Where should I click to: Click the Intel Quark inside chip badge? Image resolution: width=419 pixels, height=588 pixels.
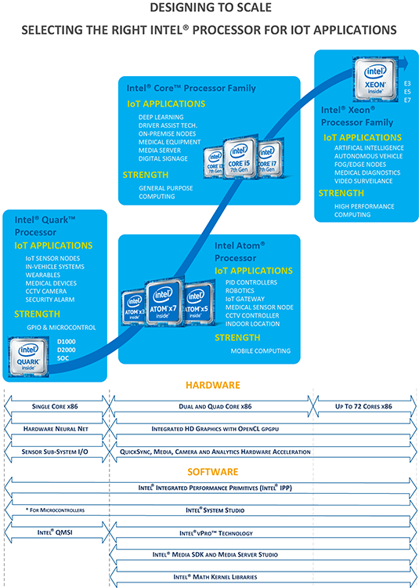click(28, 357)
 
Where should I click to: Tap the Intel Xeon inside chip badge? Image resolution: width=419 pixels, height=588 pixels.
click(376, 79)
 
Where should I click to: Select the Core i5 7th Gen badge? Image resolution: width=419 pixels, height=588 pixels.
click(240, 158)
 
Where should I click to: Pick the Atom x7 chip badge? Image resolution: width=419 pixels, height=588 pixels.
click(164, 302)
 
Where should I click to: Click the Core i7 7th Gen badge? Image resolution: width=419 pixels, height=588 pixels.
click(269, 158)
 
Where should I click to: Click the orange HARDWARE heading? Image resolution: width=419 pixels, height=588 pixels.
click(213, 385)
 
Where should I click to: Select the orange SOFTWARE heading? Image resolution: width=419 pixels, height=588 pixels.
click(213, 472)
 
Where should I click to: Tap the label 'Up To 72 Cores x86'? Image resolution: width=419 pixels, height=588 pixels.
click(363, 406)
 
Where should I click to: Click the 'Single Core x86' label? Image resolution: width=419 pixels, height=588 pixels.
click(55, 406)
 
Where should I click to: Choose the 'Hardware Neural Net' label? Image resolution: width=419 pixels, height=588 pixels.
click(56, 429)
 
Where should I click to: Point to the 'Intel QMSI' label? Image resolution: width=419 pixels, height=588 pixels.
click(55, 532)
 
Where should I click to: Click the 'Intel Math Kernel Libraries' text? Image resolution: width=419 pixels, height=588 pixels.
click(215, 577)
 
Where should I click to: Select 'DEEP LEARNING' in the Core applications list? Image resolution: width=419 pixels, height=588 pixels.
click(161, 118)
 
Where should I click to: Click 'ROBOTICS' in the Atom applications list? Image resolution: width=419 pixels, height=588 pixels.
click(240, 291)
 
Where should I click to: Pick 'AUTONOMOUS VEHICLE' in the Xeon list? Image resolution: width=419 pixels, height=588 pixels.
click(368, 156)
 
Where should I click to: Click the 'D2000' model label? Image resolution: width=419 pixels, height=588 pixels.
click(67, 350)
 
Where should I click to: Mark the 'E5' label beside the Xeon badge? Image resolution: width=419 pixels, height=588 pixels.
click(407, 92)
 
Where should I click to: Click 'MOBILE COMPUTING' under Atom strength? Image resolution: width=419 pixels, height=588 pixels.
click(261, 351)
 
